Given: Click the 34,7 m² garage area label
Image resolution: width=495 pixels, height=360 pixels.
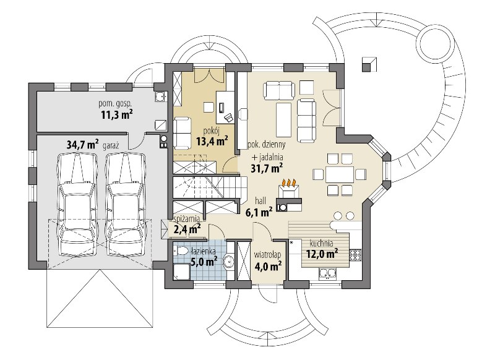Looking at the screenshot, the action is tap(83, 145).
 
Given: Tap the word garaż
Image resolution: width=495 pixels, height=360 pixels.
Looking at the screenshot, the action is tap(111, 146).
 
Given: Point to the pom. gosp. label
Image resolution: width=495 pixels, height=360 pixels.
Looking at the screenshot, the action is tap(115, 103).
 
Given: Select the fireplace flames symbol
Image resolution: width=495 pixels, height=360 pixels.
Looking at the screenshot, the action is tap(289, 182).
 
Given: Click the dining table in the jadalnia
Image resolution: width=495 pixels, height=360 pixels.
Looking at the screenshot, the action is tap(340, 174).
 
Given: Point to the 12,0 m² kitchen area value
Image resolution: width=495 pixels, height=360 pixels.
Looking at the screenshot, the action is tap(322, 254).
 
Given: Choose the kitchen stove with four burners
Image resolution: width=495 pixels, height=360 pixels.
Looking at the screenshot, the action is tap(355, 255).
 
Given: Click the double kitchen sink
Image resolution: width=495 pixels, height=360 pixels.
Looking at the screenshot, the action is tap(328, 274).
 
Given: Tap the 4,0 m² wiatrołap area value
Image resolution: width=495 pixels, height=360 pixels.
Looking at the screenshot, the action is tap(268, 266).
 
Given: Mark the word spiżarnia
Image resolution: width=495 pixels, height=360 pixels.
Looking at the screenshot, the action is tap(187, 218).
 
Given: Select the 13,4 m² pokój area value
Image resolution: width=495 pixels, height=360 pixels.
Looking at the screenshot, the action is tap(212, 140).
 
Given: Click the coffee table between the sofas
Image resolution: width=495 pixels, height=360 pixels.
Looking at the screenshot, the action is tap(283, 119).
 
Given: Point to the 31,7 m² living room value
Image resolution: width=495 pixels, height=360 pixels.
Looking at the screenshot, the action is tap(267, 168).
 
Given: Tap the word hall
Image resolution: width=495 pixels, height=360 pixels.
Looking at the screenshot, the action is tap(260, 200).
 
